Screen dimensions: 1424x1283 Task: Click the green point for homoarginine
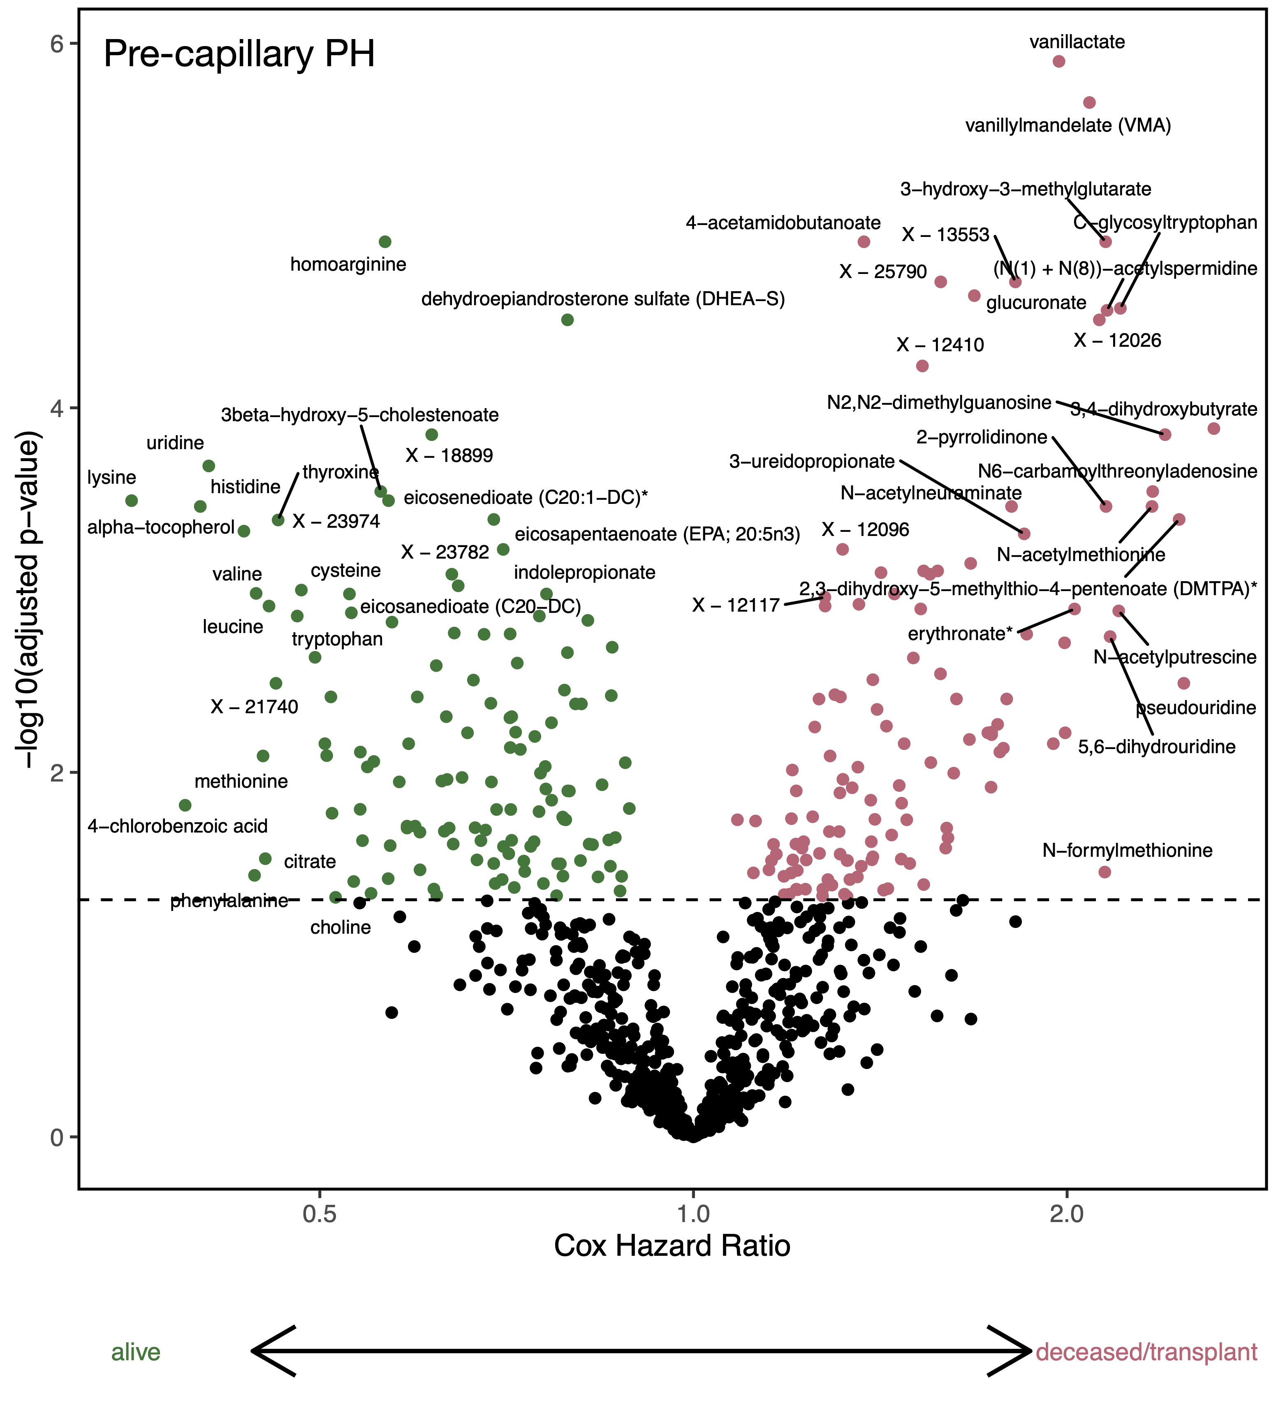(x=385, y=242)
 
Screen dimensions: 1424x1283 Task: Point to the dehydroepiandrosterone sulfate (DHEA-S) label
(x=603, y=299)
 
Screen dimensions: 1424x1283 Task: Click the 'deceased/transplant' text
(x=1146, y=1352)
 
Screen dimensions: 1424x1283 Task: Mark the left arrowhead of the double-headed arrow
(x=257, y=1351)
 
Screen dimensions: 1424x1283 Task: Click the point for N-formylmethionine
(x=1105, y=872)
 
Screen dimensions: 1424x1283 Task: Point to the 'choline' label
(x=340, y=928)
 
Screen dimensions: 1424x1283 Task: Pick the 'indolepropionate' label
(x=584, y=573)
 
